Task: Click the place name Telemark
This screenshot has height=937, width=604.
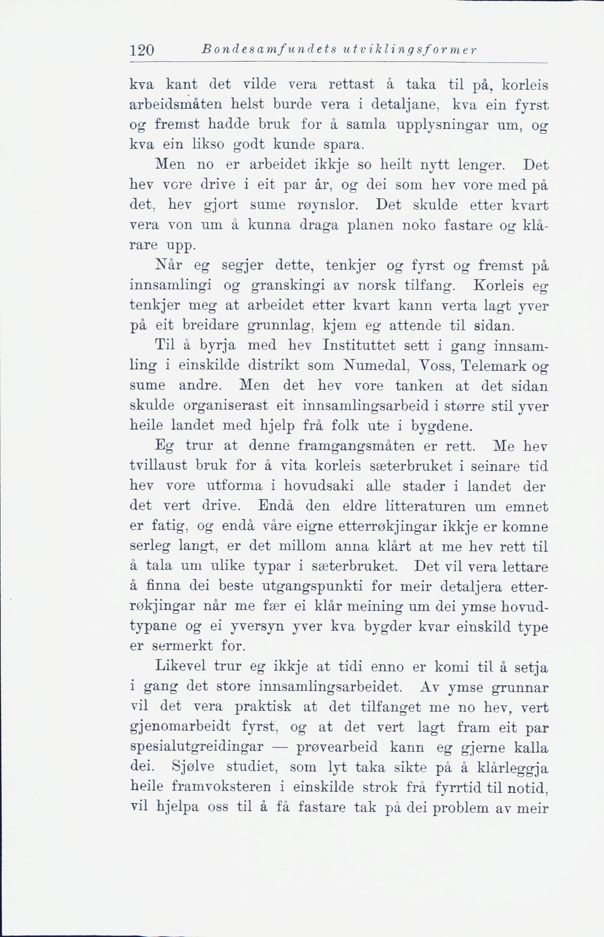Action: (x=493, y=366)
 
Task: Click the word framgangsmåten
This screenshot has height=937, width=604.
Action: (x=356, y=446)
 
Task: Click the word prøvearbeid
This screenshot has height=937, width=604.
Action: (x=337, y=747)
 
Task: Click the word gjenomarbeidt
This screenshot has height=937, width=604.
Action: (x=180, y=727)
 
